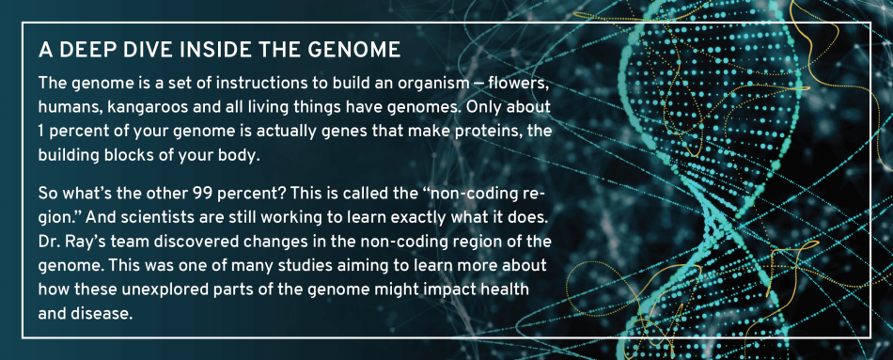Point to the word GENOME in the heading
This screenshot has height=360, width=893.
[x=356, y=48]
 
